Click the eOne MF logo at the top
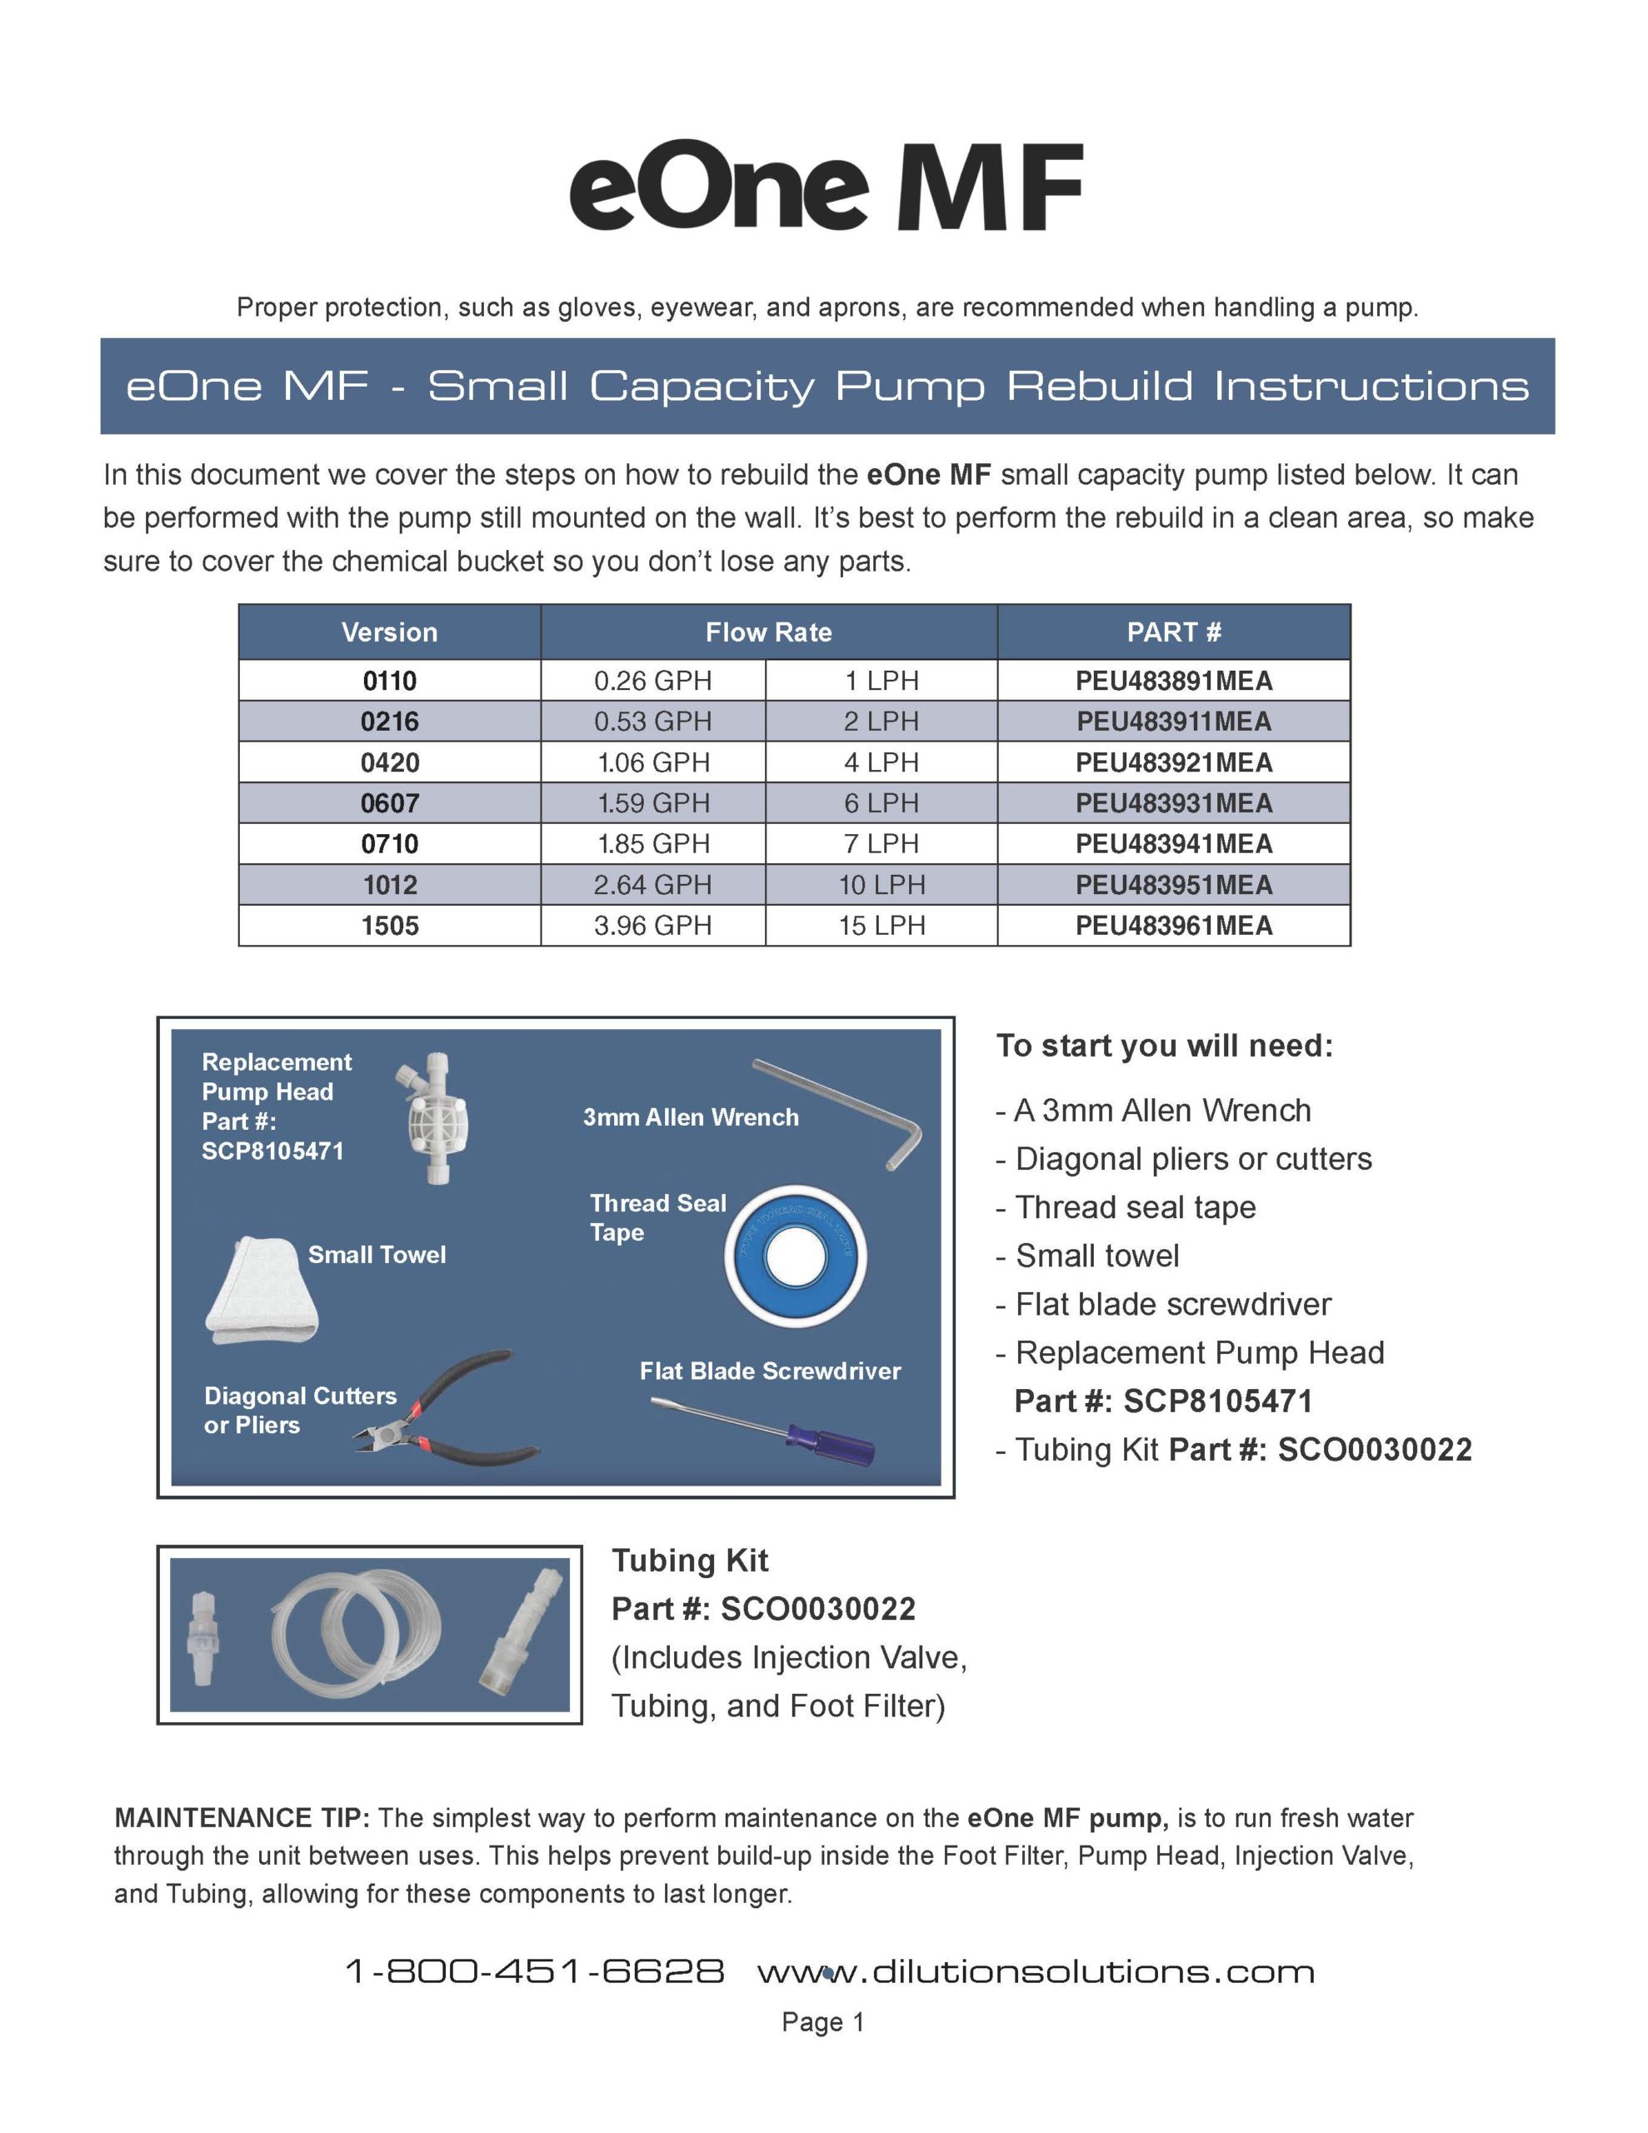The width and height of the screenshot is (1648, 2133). pos(826,187)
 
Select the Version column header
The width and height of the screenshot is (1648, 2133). pos(389,632)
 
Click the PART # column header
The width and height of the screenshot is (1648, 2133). pos(1173,632)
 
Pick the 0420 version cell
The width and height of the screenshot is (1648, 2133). pos(389,762)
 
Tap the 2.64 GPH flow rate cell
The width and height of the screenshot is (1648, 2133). pos(652,885)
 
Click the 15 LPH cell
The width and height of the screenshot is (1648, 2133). pos(881,926)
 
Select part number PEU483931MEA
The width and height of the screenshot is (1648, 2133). pos(1173,804)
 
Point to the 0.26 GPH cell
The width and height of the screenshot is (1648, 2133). pos(652,681)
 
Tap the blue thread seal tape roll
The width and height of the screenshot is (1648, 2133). pos(795,1257)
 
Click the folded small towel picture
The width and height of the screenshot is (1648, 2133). pos(261,1291)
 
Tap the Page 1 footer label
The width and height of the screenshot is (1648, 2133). pos(822,2021)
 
